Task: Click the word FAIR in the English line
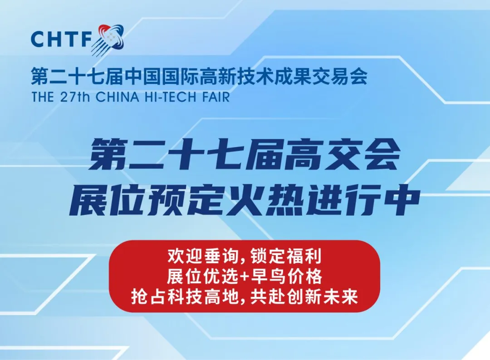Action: click(x=216, y=97)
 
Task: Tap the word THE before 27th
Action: click(x=44, y=97)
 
